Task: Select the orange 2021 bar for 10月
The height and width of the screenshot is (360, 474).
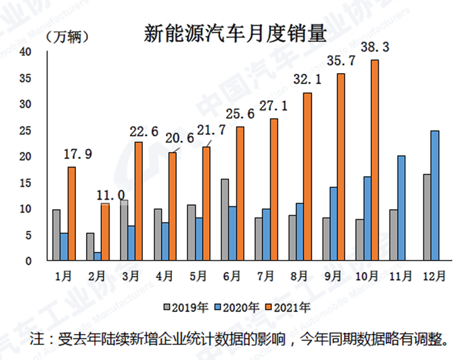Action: [374, 160]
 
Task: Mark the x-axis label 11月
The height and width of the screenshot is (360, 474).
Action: [399, 277]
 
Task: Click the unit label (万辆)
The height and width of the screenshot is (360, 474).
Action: [67, 37]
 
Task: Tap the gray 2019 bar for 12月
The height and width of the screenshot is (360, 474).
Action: [427, 217]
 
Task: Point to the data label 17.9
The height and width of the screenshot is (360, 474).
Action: [74, 154]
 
